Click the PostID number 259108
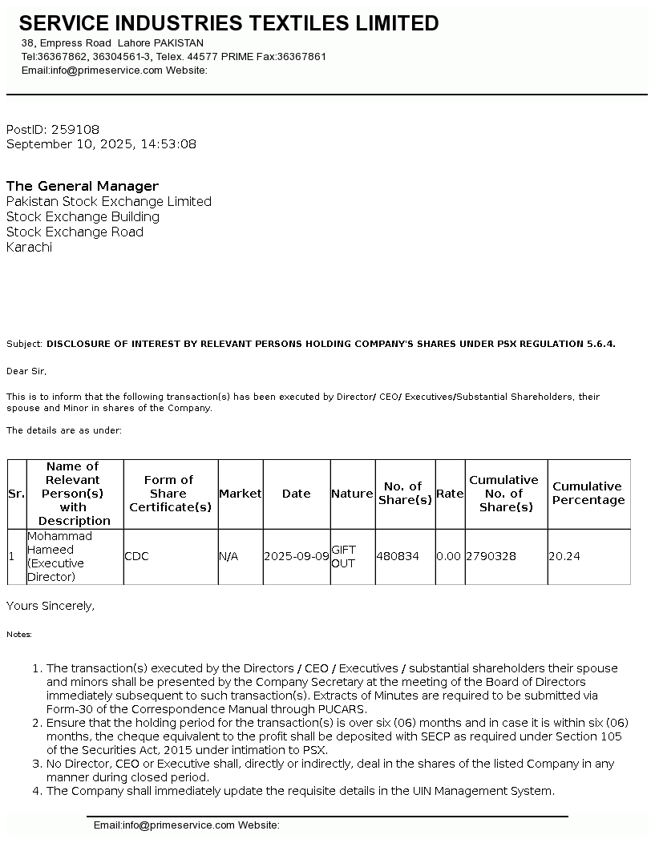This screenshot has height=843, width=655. click(x=75, y=129)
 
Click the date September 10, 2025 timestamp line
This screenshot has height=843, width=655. click(x=101, y=144)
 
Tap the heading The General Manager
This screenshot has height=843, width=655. click(x=83, y=186)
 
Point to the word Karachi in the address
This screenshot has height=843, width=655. click(x=29, y=247)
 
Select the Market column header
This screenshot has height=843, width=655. click(x=241, y=494)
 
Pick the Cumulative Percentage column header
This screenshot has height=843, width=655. click(x=588, y=494)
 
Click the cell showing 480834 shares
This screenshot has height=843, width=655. click(x=398, y=556)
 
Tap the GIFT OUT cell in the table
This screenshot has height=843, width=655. click(x=344, y=556)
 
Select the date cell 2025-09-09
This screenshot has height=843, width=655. click(x=296, y=556)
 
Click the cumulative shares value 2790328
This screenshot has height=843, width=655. click(x=491, y=556)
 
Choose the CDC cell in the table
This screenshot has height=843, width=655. click(x=136, y=556)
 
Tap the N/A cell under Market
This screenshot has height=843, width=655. click(x=228, y=556)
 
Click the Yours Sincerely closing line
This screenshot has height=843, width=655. click(x=51, y=606)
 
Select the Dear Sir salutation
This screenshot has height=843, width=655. click(x=26, y=371)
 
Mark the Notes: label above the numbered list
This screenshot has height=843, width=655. click(x=19, y=634)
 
